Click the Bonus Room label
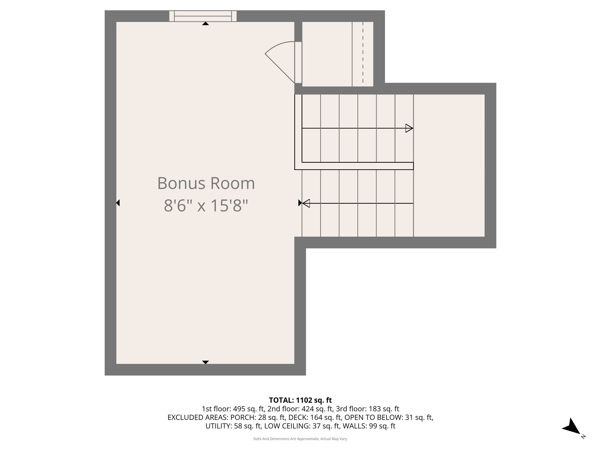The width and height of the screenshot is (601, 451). click(x=206, y=183)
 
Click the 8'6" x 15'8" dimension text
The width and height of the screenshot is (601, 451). click(x=206, y=205)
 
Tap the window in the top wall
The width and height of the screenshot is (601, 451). click(x=203, y=16)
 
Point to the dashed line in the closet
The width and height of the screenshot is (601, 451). click(x=363, y=54)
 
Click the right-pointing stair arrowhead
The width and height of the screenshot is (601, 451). click(x=409, y=128)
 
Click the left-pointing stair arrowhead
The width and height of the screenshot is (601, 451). click(x=306, y=203)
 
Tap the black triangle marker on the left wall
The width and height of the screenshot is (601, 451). click(x=118, y=203)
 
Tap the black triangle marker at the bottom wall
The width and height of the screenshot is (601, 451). click(x=205, y=362)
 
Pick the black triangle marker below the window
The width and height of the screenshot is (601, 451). click(x=205, y=24)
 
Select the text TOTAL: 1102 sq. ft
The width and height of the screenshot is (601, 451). click(x=300, y=400)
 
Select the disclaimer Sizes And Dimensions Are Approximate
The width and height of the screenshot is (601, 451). click(x=300, y=439)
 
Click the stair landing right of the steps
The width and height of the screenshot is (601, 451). click(x=449, y=165)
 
